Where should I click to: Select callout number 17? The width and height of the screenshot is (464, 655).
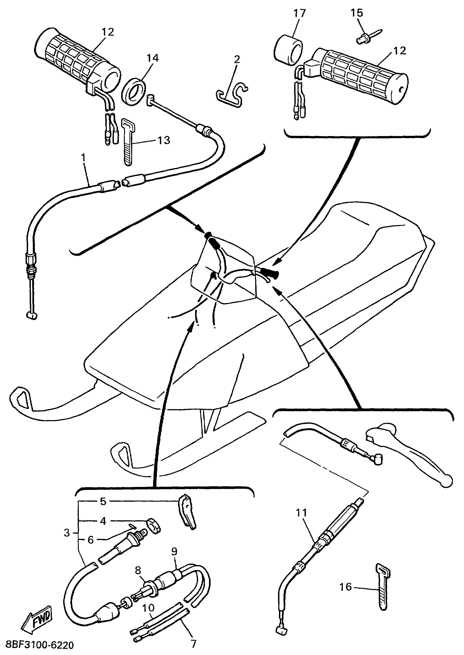pos(299,13)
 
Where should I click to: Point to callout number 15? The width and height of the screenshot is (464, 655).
pos(356,13)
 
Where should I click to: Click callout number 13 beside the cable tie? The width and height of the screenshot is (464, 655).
pos(164,140)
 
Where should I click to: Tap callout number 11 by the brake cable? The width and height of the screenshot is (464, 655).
pos(301,513)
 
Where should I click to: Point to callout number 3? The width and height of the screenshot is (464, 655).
pos(67,533)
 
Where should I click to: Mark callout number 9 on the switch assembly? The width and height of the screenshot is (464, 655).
pos(174,551)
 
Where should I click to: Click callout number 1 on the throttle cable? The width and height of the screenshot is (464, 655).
pos(84,158)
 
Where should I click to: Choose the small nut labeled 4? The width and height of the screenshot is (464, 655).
pos(153,526)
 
